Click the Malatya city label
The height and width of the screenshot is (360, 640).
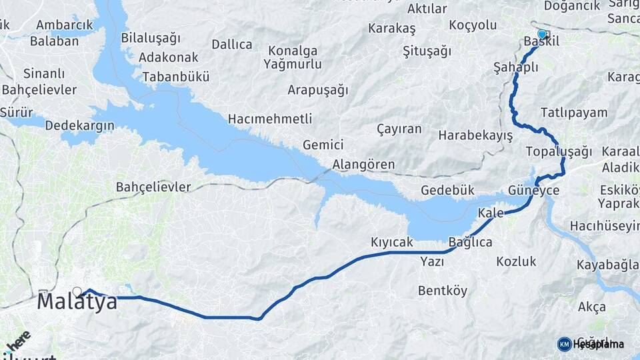[77, 301]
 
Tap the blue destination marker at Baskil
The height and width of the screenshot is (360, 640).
[541, 34]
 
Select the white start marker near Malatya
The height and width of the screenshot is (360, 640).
[77, 291]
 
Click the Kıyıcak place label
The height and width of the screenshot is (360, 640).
[392, 242]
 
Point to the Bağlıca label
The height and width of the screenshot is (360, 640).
[470, 241]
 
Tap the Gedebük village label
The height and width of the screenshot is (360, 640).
[447, 191]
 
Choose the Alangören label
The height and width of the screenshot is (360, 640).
[364, 164]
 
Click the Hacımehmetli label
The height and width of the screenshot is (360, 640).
[270, 119]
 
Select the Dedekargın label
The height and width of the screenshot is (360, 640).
[80, 125]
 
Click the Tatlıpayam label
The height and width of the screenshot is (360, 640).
[574, 112]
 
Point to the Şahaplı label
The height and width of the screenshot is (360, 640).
[515, 67]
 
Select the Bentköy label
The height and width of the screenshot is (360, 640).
[443, 291]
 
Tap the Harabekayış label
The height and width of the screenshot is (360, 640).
[475, 135]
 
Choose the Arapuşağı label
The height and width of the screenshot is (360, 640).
[318, 89]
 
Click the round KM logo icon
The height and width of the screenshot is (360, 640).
[565, 344]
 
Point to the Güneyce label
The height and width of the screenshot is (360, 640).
[533, 191]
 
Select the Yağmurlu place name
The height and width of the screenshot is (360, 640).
[292, 65]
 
